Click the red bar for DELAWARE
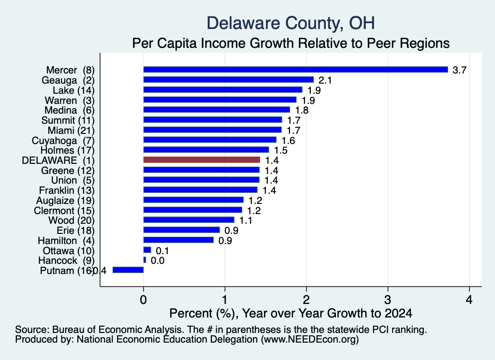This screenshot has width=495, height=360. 202,159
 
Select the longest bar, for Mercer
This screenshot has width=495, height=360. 296,70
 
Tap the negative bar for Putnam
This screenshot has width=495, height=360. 128,270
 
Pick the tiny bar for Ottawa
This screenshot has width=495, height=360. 147,250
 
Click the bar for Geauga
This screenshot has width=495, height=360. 229,80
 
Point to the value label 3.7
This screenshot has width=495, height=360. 459,70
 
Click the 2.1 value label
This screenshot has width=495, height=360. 325,80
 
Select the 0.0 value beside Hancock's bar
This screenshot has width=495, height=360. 158,260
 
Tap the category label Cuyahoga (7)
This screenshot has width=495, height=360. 63,141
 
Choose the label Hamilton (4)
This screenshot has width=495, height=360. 66,241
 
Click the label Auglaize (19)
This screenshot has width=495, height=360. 65,201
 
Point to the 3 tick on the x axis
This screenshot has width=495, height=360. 388,299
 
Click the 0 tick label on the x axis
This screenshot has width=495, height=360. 143,299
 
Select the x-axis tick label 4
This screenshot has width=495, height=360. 469,299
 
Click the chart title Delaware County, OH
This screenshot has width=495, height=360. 291,23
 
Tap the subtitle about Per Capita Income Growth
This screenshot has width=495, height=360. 291,43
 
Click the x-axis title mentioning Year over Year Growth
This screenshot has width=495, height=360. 291,313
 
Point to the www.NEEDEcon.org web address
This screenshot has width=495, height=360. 310,340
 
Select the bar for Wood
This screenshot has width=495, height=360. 189,219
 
